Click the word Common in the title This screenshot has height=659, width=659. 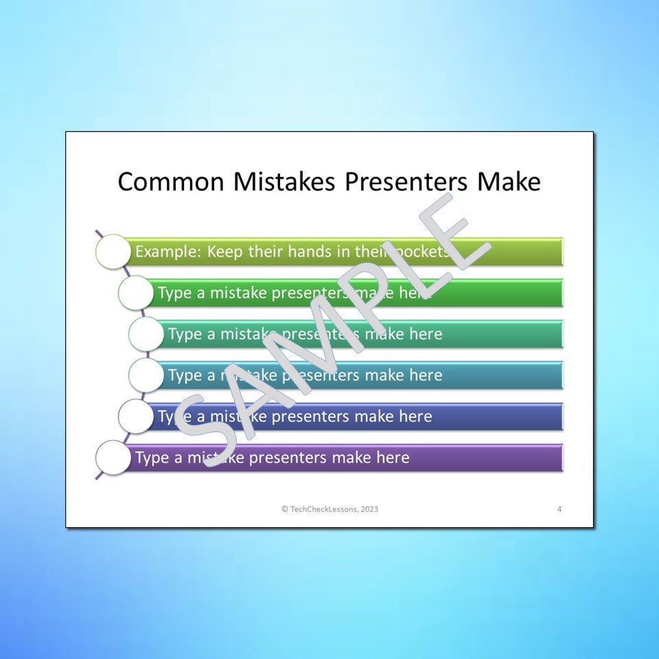click(171, 182)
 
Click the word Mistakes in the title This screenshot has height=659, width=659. click(284, 182)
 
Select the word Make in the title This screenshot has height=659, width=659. click(509, 182)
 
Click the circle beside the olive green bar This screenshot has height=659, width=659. click(112, 251)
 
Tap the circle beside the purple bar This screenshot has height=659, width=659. click(112, 458)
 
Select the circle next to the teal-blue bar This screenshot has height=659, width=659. click(146, 375)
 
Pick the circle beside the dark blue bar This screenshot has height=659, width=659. click(135, 417)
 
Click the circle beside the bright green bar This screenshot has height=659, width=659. click(135, 293)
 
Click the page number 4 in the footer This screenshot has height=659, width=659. click(559, 509)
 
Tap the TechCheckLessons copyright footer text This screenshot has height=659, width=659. click(329, 509)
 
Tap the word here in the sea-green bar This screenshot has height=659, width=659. click(426, 334)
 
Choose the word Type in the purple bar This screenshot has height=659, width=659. click(151, 458)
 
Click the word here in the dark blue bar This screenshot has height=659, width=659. click(415, 417)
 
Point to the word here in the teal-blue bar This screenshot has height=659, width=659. click(426, 375)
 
